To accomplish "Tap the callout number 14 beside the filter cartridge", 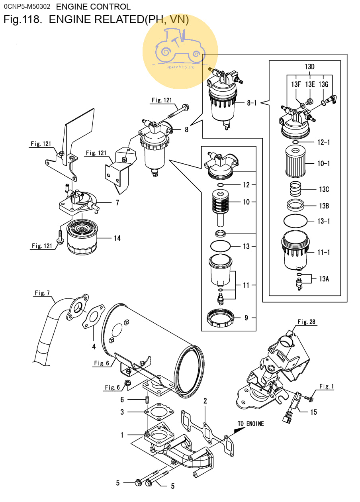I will pos(117,238).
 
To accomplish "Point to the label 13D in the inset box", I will pos(309,67).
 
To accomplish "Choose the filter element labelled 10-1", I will pos(295,162).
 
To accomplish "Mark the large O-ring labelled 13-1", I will pos(295,221).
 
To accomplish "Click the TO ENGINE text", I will pos(251,424).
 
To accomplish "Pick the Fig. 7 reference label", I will pos(42,293).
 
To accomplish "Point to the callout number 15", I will pos(313,412).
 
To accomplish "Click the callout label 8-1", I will pos(252,103).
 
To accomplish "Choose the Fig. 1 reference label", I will pos(327,386).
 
